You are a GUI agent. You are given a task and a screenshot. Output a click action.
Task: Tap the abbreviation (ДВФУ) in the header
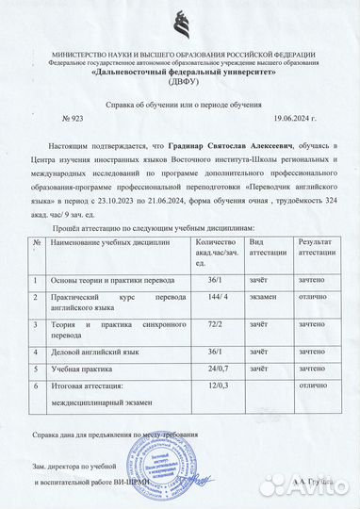pos(179,82)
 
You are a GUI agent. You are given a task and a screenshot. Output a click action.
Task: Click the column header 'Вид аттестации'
pos(269,249)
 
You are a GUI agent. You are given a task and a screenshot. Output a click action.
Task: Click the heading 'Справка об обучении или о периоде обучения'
pos(179,105)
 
